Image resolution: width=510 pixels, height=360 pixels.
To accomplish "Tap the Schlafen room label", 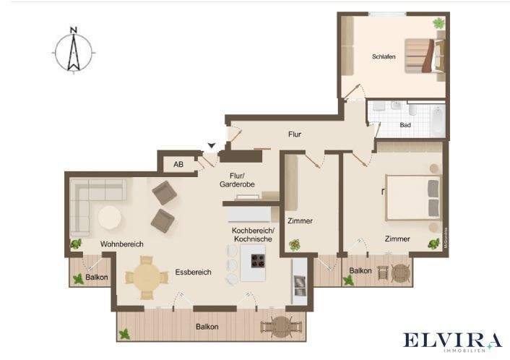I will click(384, 57).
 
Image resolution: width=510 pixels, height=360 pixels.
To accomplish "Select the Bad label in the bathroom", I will click(405, 125).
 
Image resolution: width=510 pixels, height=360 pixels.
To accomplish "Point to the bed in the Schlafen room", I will click(423, 56).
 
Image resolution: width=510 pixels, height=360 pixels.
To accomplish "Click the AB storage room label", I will click(178, 165).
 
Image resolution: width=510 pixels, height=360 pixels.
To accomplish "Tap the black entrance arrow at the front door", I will click(211, 147).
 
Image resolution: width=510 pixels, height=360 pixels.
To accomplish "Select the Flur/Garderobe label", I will click(238, 180).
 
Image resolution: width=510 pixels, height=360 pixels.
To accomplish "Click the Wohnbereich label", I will click(121, 244).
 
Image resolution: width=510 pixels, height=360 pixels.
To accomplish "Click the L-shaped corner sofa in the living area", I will click(90, 202).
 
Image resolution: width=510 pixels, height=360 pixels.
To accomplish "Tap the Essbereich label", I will click(193, 273).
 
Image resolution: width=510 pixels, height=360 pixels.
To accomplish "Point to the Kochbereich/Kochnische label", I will click(251, 234).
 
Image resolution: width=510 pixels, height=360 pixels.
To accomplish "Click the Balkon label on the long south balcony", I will click(207, 327).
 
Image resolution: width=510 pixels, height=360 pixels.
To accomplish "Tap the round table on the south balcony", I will click(278, 327).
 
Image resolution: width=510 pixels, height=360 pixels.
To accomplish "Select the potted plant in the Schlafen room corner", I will click(438, 23).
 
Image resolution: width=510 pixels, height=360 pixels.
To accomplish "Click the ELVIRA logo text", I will click(451, 340).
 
